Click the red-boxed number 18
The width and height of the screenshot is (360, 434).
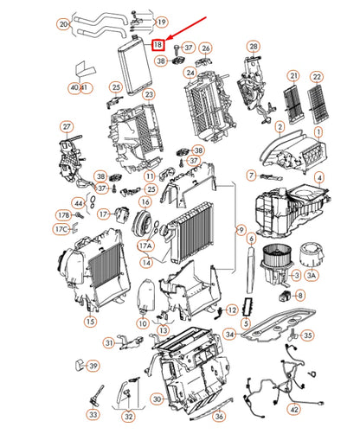point(158,44)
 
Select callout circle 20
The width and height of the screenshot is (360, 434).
point(63,25)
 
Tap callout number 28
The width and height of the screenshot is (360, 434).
point(254,45)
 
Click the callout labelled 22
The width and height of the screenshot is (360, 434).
point(317,78)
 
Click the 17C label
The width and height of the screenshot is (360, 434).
point(61,229)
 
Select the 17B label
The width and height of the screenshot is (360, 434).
point(62,214)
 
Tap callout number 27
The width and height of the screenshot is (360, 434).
point(66,127)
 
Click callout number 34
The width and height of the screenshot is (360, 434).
point(228,334)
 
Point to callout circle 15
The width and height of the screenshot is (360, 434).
point(89,321)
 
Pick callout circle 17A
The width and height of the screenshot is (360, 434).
point(145,245)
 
